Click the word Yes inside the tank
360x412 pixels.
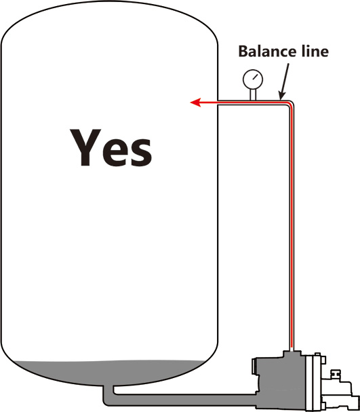click(111, 148)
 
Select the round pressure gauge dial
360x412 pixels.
click(253, 79)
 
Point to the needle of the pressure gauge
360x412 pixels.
click(254, 77)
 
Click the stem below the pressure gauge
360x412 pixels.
click(253, 94)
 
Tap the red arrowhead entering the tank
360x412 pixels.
click(195, 102)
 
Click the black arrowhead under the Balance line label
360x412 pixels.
click(281, 96)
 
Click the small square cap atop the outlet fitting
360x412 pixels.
click(335, 373)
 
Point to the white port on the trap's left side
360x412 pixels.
click(254, 367)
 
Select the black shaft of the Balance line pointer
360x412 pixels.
click(285, 78)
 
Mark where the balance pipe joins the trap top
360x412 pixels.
click(292, 350)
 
